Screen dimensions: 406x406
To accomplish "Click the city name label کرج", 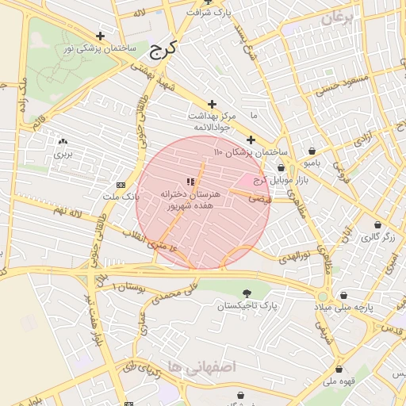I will click(x=163, y=48).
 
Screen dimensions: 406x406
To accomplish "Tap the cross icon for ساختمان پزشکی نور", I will click(x=100, y=36).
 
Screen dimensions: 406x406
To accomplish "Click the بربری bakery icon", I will click(x=63, y=141).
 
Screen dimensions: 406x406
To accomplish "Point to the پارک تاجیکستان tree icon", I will click(x=248, y=293).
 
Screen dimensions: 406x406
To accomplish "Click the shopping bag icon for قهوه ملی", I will click(x=339, y=369).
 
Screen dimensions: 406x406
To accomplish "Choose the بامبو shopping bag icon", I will click(x=312, y=151).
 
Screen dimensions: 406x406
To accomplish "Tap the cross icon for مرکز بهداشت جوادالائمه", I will click(x=212, y=104).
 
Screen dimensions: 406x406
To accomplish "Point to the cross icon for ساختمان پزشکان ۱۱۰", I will click(x=251, y=140).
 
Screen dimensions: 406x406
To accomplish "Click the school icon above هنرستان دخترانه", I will click(x=189, y=182).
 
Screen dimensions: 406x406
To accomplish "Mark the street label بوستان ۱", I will click(x=129, y=287).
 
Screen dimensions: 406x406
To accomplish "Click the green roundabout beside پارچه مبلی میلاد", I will click(x=323, y=296).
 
